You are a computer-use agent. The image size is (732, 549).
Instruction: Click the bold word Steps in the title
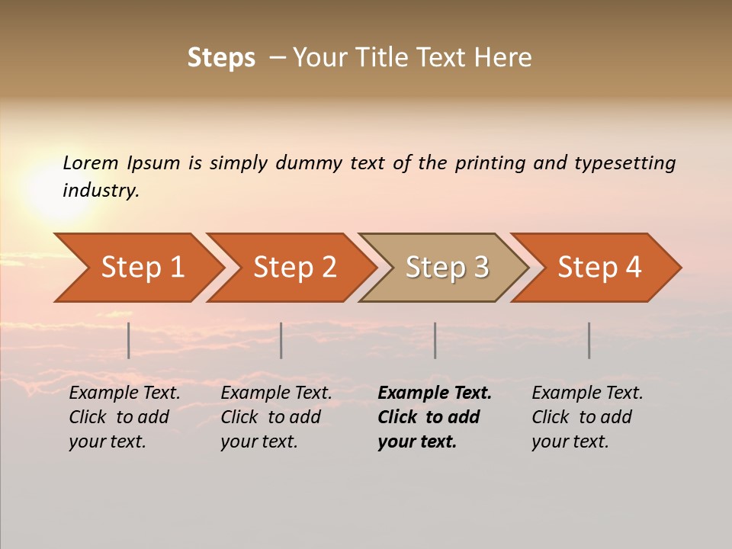coord(221,58)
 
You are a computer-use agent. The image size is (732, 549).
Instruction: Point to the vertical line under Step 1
coord(129,340)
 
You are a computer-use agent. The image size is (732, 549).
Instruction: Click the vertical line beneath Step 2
coord(281,340)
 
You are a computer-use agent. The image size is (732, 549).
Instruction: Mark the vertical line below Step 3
coord(435,340)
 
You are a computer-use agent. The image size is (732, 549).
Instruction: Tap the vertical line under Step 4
coord(589,340)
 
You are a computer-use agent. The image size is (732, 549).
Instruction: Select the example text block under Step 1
coord(124,417)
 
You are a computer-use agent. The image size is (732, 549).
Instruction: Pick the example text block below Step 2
coord(276,417)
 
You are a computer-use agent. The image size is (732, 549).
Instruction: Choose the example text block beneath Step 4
coord(587,417)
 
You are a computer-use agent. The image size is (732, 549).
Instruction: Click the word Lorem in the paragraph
coord(90,163)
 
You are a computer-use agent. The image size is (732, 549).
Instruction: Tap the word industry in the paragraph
coord(101,191)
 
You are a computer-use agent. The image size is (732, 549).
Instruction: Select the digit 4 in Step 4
coord(633,268)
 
